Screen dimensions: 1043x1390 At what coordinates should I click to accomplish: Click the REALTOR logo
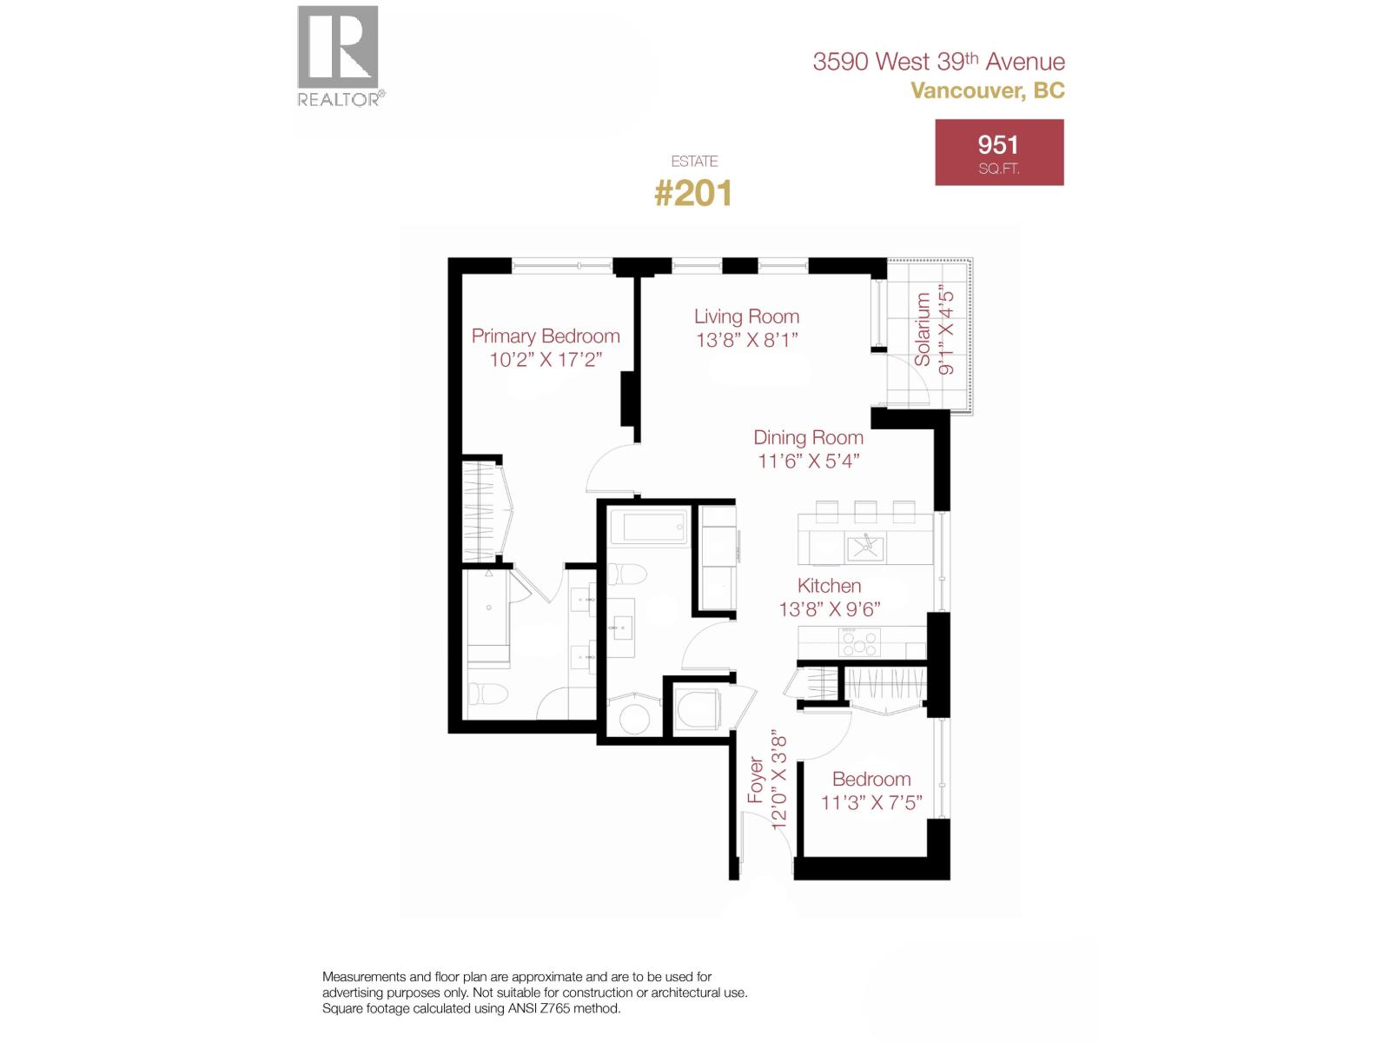[339, 55]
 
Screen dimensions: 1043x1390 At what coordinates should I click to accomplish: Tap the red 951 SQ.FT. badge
[999, 152]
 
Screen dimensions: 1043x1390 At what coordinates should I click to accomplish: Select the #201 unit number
[692, 193]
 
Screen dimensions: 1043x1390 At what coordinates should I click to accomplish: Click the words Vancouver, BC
[988, 90]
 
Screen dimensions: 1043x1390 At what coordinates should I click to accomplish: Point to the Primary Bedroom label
[546, 336]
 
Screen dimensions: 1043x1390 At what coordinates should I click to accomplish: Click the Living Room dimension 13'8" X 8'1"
[746, 341]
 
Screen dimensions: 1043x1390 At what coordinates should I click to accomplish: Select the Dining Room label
[808, 438]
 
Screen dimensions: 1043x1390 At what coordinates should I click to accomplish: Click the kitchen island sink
[864, 547]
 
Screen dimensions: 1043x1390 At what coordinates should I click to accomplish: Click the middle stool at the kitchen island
[865, 509]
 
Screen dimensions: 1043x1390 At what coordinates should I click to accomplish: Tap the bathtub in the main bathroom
[648, 528]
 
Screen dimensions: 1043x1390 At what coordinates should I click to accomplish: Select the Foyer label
[756, 781]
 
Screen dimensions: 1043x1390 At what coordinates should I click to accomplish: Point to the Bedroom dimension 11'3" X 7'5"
[871, 801]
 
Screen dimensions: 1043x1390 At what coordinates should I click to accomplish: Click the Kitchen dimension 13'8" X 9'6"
[830, 609]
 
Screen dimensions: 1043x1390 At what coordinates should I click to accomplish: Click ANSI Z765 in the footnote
[535, 1009]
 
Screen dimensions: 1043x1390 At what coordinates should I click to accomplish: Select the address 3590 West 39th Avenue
[938, 62]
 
